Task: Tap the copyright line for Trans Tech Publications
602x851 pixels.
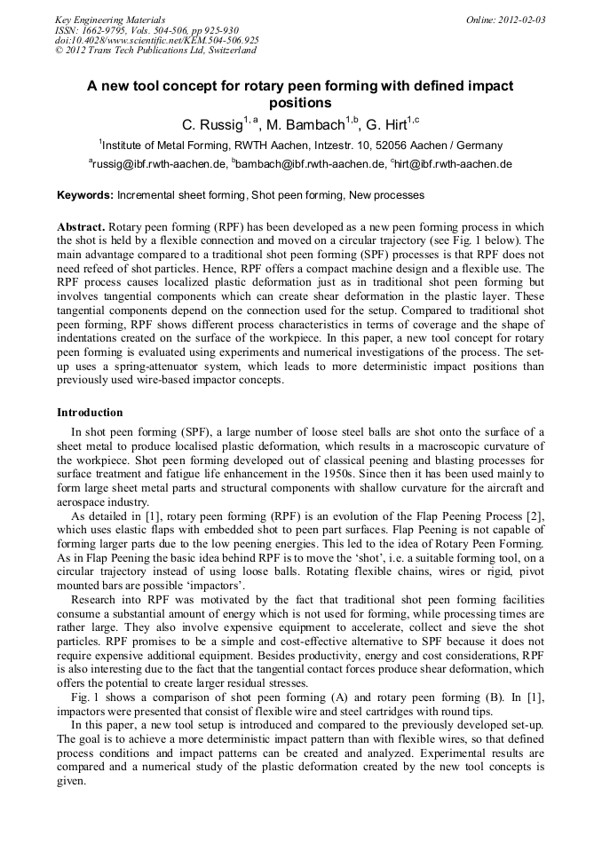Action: point(155,51)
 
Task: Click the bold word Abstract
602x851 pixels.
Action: point(82,227)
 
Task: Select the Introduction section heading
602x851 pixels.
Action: point(90,413)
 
